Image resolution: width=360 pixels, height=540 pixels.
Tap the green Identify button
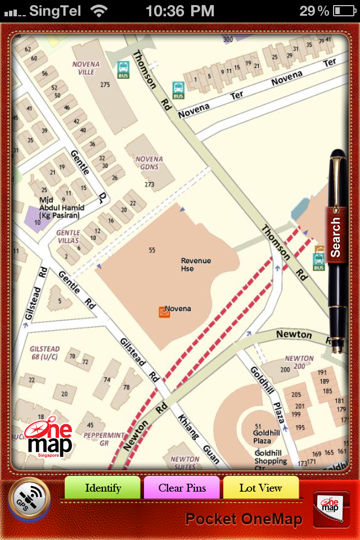click(x=103, y=488)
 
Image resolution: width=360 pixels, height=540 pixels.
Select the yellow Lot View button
click(x=260, y=488)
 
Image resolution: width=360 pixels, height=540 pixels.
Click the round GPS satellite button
click(x=29, y=498)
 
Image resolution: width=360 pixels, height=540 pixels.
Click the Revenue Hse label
click(x=196, y=264)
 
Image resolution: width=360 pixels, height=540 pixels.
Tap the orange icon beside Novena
click(x=164, y=312)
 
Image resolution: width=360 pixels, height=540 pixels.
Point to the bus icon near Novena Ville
click(x=123, y=70)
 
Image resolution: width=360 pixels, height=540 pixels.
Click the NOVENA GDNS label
click(x=149, y=163)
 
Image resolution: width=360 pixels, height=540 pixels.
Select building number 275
click(x=105, y=84)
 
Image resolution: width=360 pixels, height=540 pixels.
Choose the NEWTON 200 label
click(x=299, y=362)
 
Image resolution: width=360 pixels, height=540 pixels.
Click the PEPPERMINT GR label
click(x=103, y=439)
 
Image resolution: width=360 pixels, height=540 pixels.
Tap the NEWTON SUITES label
click(x=185, y=462)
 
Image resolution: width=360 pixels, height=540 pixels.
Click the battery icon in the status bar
click(x=344, y=10)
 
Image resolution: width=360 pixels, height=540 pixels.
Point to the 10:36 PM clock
click(x=179, y=10)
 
